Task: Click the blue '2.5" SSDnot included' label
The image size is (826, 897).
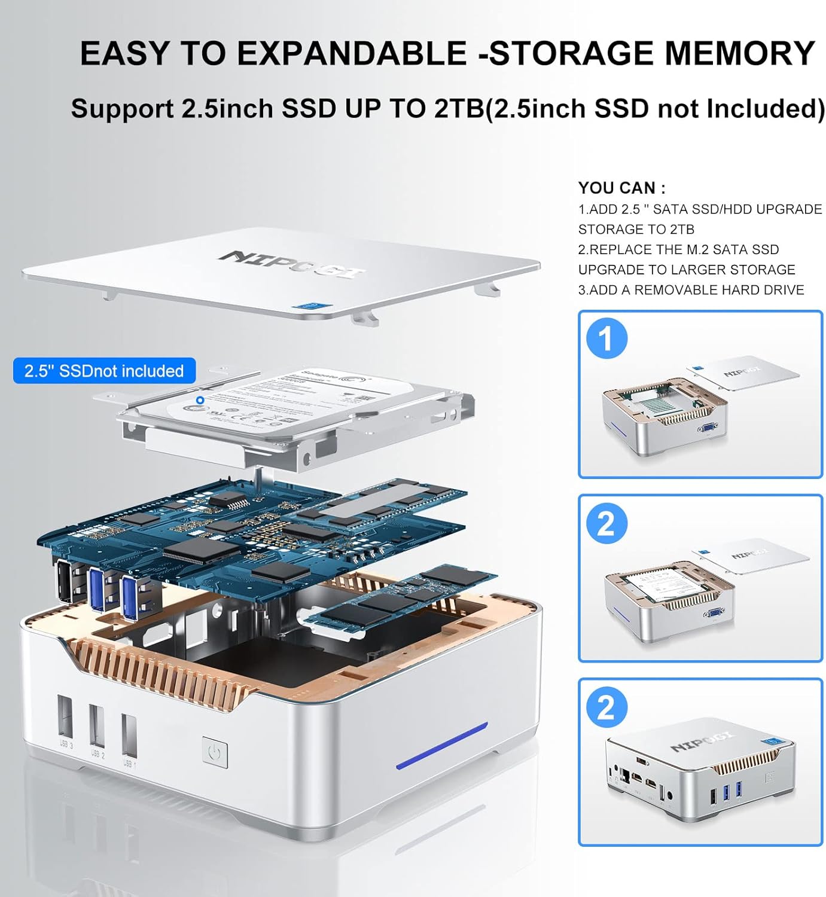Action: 104,371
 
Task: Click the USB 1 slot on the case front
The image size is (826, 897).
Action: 129,734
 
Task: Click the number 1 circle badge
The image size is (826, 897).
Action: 606,338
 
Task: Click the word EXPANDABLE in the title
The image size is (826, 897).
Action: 351,53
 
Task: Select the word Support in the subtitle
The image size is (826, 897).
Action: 122,109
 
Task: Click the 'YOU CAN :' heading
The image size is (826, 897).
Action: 621,188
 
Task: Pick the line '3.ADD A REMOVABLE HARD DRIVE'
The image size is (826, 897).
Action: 691,290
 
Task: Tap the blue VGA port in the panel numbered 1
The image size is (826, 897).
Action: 708,427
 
